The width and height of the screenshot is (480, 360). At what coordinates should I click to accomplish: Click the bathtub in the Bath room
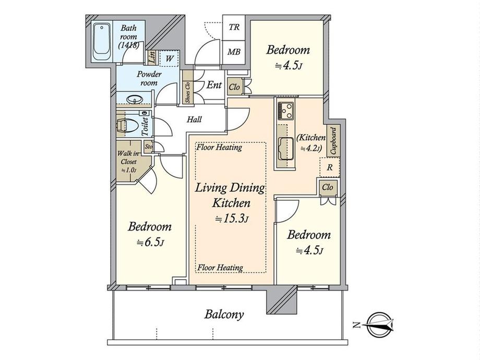pos(102,42)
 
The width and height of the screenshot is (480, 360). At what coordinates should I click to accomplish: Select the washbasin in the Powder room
pos(135,99)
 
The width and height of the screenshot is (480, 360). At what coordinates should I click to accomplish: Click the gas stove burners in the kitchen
pos(285,111)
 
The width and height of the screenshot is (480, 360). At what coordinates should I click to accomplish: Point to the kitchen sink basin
pos(285,149)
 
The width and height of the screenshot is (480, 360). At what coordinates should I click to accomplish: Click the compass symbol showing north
pos(380,325)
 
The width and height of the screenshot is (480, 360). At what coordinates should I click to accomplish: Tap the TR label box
pos(234,27)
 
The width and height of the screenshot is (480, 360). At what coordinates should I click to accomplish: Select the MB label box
pos(234,52)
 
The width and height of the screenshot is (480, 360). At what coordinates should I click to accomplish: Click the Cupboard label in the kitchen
pos(333,141)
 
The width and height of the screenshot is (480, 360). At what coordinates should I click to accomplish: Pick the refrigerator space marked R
pos(330,167)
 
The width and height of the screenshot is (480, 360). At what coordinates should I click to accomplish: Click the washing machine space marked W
pos(169,58)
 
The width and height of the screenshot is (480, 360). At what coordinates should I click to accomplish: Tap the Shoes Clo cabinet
pos(188,88)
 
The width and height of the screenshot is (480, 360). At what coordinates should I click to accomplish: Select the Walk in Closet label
pos(128,161)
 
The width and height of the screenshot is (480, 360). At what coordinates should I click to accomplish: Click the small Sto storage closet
pos(149,146)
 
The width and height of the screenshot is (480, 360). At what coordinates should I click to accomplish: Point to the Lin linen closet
pos(151,57)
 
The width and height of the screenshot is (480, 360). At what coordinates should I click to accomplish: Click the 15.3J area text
pos(231,219)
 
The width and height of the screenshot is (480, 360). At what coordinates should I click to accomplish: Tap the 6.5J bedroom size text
pos(150,243)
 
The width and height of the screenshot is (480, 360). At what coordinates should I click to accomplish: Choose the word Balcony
pos(224,315)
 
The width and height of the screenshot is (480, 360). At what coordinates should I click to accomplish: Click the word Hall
pos(194,119)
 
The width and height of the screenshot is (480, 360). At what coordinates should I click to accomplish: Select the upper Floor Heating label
pos(219,147)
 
